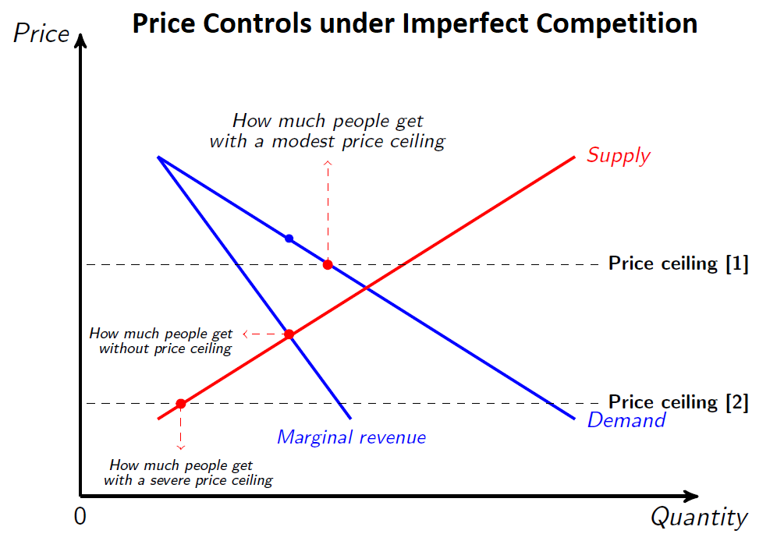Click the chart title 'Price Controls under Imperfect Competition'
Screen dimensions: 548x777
414,23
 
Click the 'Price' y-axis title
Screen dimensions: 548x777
41,34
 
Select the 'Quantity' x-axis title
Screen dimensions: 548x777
699,517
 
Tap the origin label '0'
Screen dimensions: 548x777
80,517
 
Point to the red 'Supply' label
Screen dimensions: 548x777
618,155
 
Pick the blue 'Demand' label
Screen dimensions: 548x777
626,421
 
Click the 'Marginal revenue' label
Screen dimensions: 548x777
351,437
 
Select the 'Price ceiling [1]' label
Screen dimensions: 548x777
678,264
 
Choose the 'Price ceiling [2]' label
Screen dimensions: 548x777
678,403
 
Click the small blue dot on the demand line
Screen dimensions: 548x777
289,239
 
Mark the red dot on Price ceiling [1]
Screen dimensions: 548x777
328,264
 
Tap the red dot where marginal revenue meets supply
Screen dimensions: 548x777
289,334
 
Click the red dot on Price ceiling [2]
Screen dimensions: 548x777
180,404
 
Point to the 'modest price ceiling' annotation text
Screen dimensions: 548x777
327,131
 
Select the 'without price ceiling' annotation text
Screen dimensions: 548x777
161,341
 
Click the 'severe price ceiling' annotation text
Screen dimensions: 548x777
187,473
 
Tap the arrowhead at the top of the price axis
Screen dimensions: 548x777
80,41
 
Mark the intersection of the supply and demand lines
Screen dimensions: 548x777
366,288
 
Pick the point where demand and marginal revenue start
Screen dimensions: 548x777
158,157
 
